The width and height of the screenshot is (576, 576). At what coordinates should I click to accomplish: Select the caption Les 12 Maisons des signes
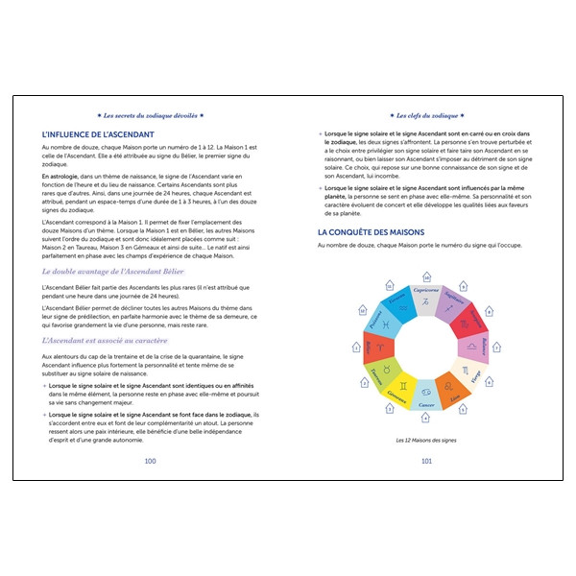tap(426, 441)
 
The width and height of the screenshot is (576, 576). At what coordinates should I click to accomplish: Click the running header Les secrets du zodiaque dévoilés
tap(150, 114)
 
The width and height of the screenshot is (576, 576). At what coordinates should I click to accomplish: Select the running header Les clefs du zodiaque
tap(425, 114)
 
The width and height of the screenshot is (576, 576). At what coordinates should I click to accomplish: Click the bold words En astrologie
tap(61, 179)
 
